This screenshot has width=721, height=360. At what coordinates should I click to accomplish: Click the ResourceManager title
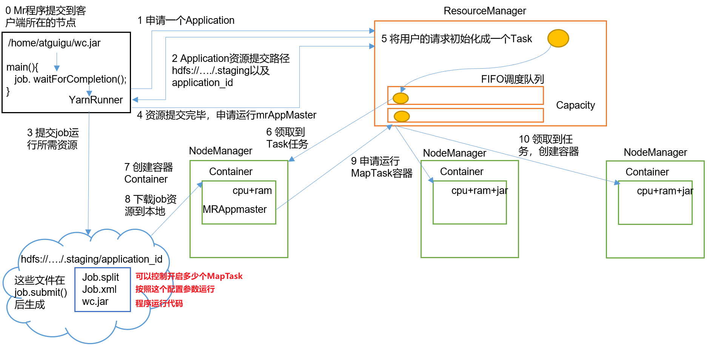(x=484, y=11)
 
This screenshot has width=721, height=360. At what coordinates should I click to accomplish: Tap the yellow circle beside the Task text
(x=558, y=38)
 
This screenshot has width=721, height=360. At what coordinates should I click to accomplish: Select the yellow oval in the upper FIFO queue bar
(x=401, y=98)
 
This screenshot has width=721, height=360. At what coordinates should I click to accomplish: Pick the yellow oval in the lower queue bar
(x=402, y=116)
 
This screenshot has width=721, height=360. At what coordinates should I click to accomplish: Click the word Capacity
(x=575, y=105)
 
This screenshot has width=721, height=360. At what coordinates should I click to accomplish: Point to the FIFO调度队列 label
(x=512, y=79)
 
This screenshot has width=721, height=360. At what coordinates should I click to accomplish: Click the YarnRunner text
(x=96, y=100)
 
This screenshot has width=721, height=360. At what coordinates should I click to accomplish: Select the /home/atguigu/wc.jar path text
(x=54, y=43)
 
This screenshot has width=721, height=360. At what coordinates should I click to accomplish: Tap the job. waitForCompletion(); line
(x=70, y=79)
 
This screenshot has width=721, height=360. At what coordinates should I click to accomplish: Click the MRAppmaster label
(x=234, y=209)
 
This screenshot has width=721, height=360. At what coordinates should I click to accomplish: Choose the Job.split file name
(x=100, y=277)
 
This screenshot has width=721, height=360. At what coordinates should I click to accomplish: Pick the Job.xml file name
(x=99, y=289)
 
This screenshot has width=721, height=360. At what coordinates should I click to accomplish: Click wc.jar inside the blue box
(x=95, y=302)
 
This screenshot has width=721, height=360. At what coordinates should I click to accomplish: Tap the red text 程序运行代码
(x=159, y=303)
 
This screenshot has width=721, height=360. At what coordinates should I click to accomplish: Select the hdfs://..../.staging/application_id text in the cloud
(x=91, y=259)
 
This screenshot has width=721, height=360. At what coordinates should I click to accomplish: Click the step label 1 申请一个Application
(x=186, y=20)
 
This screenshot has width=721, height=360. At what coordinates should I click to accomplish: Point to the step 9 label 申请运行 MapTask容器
(x=381, y=167)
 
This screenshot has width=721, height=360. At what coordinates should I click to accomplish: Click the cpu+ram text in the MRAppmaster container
(x=252, y=191)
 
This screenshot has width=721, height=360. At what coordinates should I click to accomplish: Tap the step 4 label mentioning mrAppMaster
(x=226, y=115)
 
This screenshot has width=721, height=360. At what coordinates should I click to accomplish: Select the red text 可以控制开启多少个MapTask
(x=189, y=276)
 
